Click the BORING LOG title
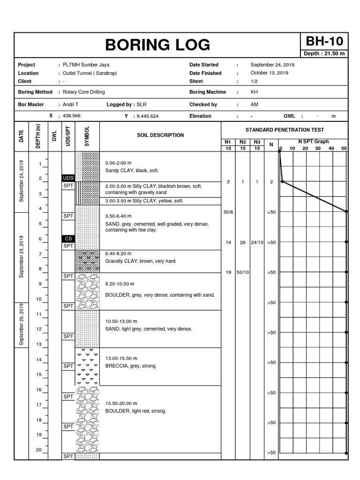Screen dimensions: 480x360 click(157, 45)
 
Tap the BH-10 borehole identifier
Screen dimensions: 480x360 click(324, 41)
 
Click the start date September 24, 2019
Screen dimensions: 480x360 click(272, 65)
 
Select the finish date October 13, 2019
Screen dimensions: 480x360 click(270, 73)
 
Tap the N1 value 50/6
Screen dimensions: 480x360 click(228, 212)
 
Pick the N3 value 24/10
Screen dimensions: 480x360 click(257, 242)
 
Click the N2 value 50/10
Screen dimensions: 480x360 click(243, 272)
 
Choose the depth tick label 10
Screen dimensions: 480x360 click(39, 299)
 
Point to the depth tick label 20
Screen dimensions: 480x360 click(39, 450)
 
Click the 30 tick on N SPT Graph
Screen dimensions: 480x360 click(318, 149)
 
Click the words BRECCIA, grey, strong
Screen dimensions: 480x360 click(131, 366)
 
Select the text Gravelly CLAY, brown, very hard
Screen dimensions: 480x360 click(141, 261)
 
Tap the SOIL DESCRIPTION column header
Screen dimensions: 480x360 click(160, 135)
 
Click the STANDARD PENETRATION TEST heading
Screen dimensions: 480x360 click(285, 130)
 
